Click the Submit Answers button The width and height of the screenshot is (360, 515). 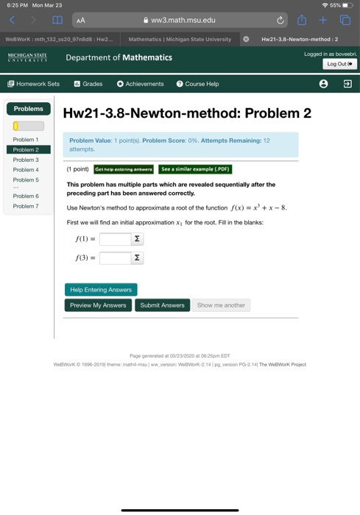[162, 305]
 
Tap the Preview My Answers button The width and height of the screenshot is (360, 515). [98, 305]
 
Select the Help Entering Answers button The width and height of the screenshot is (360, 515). [101, 289]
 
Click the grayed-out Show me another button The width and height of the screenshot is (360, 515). [221, 305]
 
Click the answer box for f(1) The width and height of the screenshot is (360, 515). [115, 238]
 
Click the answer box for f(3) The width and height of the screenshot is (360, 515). [115, 258]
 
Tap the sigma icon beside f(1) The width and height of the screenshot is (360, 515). [137, 238]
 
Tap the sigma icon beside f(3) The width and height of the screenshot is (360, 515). [137, 258]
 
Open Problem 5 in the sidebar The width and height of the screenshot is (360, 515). [25, 180]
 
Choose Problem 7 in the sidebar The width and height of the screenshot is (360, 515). [25, 206]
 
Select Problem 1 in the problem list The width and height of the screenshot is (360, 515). [25, 139]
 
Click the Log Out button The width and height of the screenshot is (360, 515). [341, 64]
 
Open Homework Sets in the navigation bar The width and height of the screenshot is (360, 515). [33, 84]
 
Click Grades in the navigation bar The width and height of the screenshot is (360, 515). [88, 84]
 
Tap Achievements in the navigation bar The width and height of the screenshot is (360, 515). [140, 84]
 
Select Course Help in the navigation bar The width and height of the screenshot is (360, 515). [197, 84]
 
